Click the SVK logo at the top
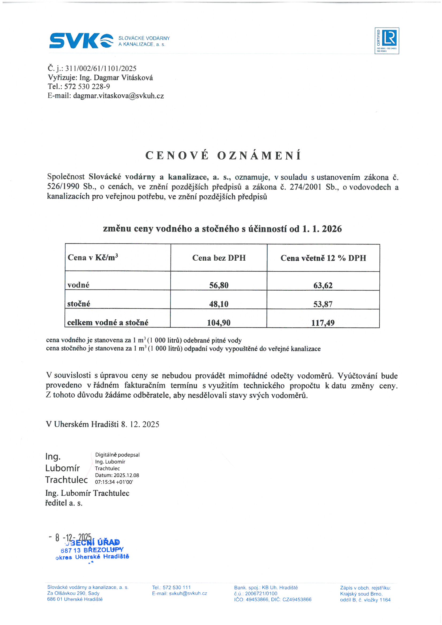tap(81, 41)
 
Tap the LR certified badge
tap(386, 41)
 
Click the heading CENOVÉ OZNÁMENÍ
tap(223, 155)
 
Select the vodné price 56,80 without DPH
tap(219, 285)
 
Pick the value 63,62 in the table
tap(323, 285)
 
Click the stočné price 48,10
tap(219, 304)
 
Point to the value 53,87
tap(323, 304)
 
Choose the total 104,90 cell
tap(219, 323)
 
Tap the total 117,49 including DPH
tap(323, 323)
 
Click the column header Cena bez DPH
tap(219, 258)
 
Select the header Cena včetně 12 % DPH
tap(323, 258)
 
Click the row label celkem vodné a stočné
tap(107, 323)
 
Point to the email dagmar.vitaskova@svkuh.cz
tap(118, 96)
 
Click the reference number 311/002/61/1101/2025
tap(101, 68)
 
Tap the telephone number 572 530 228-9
tap(87, 87)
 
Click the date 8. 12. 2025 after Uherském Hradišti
tap(140, 424)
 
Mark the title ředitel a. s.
tap(64, 503)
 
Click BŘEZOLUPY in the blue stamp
tap(103, 550)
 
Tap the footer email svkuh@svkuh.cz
tap(188, 593)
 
